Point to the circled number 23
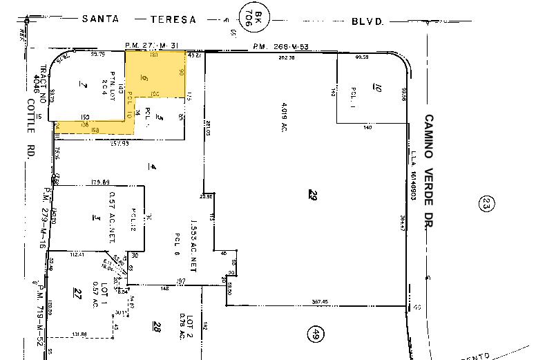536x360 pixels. (486, 203)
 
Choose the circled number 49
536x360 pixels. (316, 334)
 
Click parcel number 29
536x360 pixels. (314, 196)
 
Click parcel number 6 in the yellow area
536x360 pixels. (144, 79)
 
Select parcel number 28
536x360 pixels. (157, 327)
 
